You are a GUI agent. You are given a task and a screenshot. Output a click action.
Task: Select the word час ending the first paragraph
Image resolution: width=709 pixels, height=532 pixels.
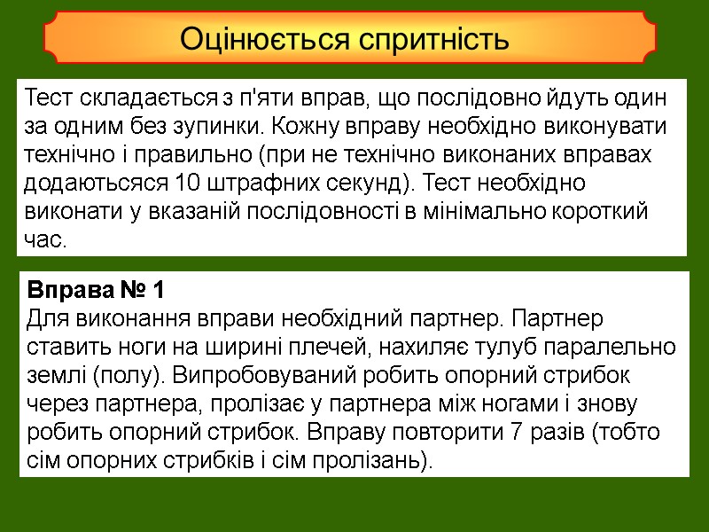pos(46,241)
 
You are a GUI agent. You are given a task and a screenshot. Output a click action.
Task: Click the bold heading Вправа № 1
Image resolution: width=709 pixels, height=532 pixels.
pos(96,290)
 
